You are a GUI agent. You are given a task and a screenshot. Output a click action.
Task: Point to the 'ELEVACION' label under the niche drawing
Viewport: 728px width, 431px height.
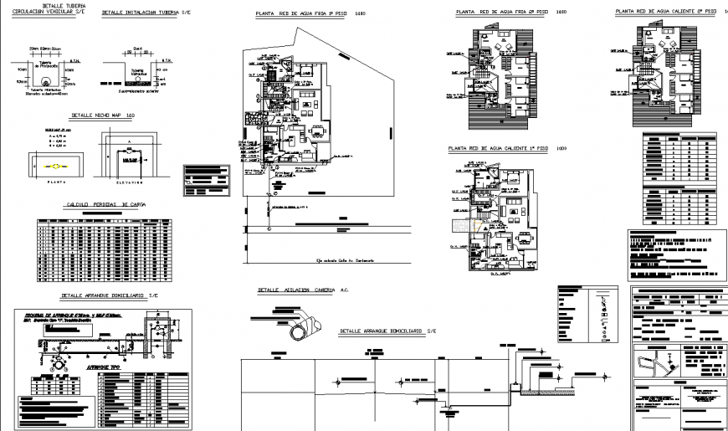point(127,179)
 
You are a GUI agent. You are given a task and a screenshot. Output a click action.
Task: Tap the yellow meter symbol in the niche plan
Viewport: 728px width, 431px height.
point(57,166)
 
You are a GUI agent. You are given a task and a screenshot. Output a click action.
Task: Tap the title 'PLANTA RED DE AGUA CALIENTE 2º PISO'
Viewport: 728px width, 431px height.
point(665,12)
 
